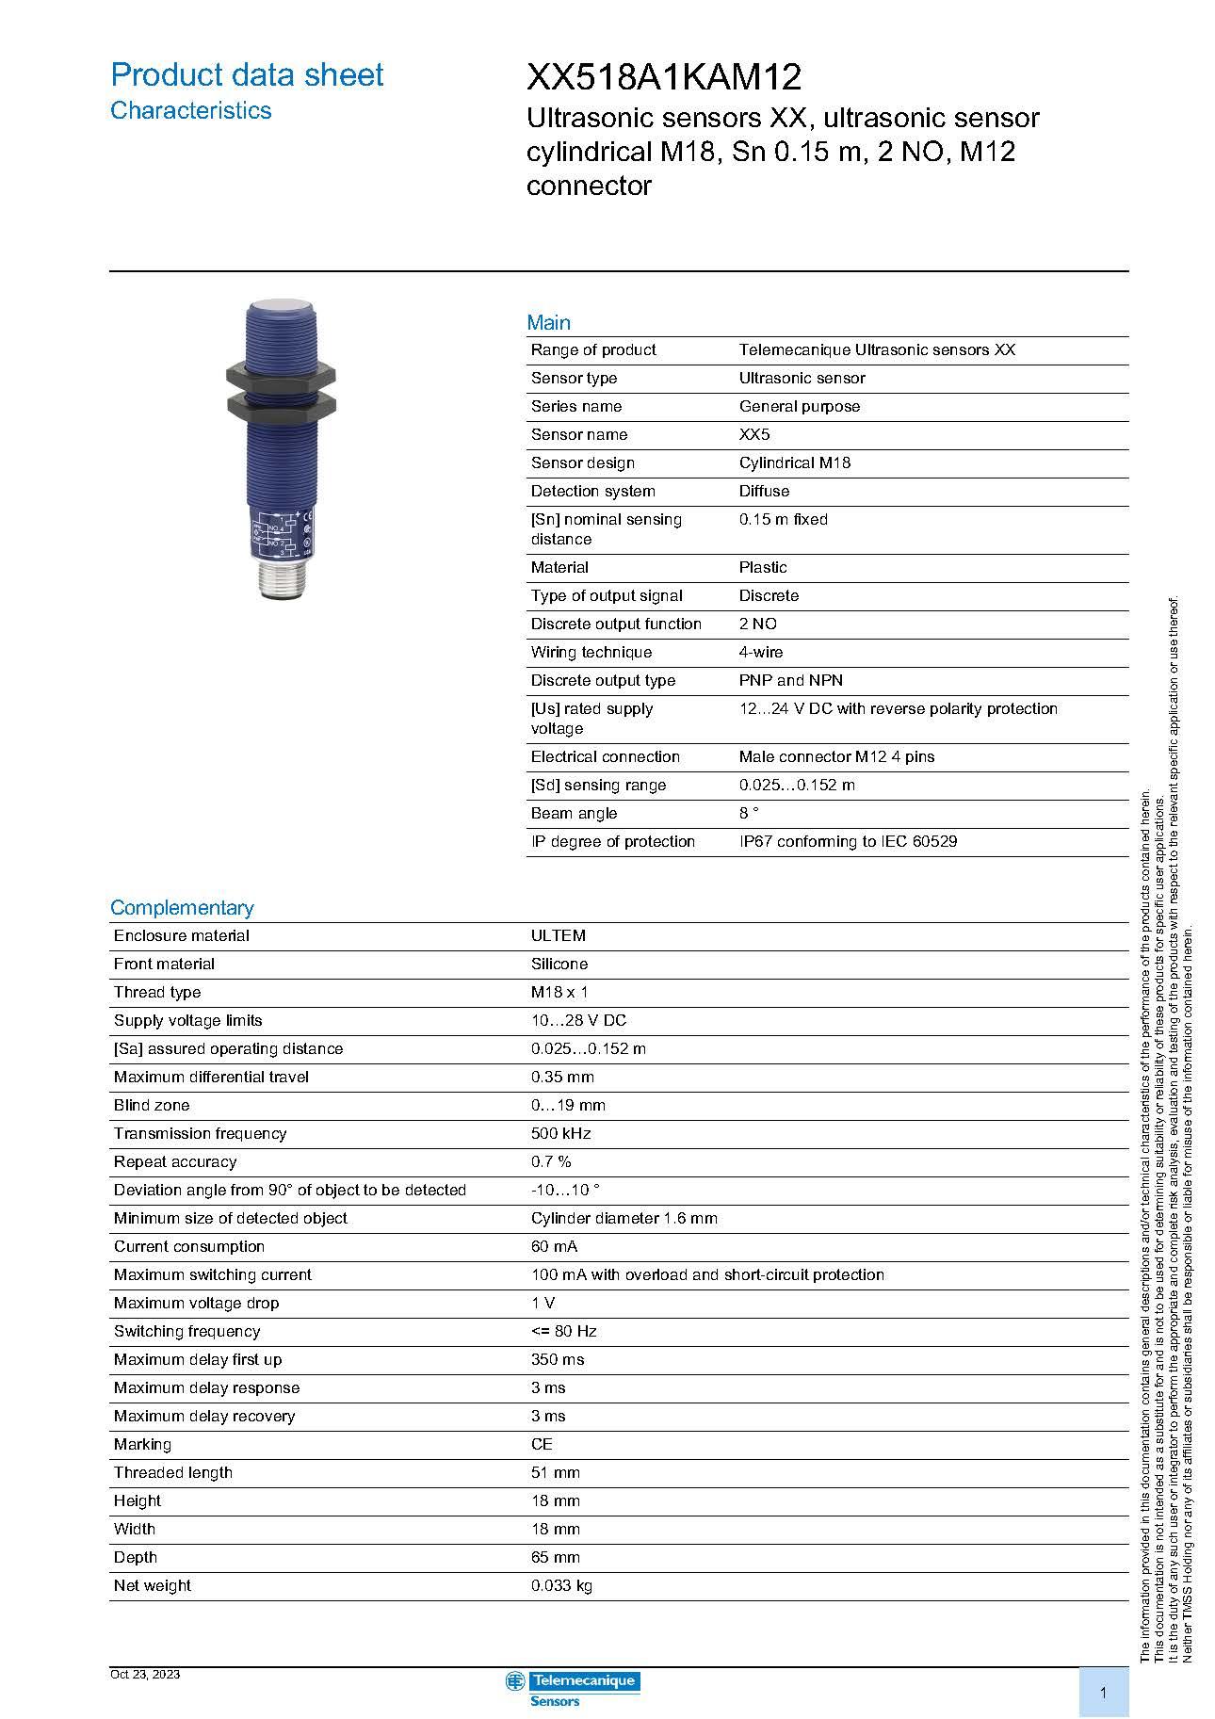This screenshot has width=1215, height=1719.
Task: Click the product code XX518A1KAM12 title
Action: [x=663, y=76]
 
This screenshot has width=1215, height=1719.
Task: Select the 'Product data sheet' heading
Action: [x=247, y=75]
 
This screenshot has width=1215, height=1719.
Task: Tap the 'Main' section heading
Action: [x=548, y=323]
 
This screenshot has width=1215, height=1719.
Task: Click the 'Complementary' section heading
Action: [x=182, y=908]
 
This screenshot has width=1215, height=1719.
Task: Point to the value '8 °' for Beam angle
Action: [x=749, y=814]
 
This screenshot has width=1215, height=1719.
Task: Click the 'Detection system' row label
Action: [x=592, y=492]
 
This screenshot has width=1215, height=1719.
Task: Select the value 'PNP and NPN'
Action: [x=790, y=681]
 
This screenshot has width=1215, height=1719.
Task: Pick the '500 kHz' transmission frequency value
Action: [x=560, y=1134]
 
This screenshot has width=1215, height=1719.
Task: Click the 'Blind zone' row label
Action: [x=152, y=1106]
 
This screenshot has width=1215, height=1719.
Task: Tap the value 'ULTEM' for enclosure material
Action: [x=558, y=936]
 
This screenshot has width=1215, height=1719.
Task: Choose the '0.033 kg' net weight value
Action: [x=561, y=1586]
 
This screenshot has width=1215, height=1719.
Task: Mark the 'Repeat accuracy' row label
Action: [x=175, y=1162]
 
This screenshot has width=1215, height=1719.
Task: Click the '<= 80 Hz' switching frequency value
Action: [x=563, y=1332]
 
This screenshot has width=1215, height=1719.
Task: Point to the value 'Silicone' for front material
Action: [x=559, y=965]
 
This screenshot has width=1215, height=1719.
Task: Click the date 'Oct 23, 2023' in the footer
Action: [x=145, y=1674]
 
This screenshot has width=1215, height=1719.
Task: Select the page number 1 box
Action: [x=1103, y=1693]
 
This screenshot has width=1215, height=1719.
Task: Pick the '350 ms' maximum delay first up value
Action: [x=557, y=1360]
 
